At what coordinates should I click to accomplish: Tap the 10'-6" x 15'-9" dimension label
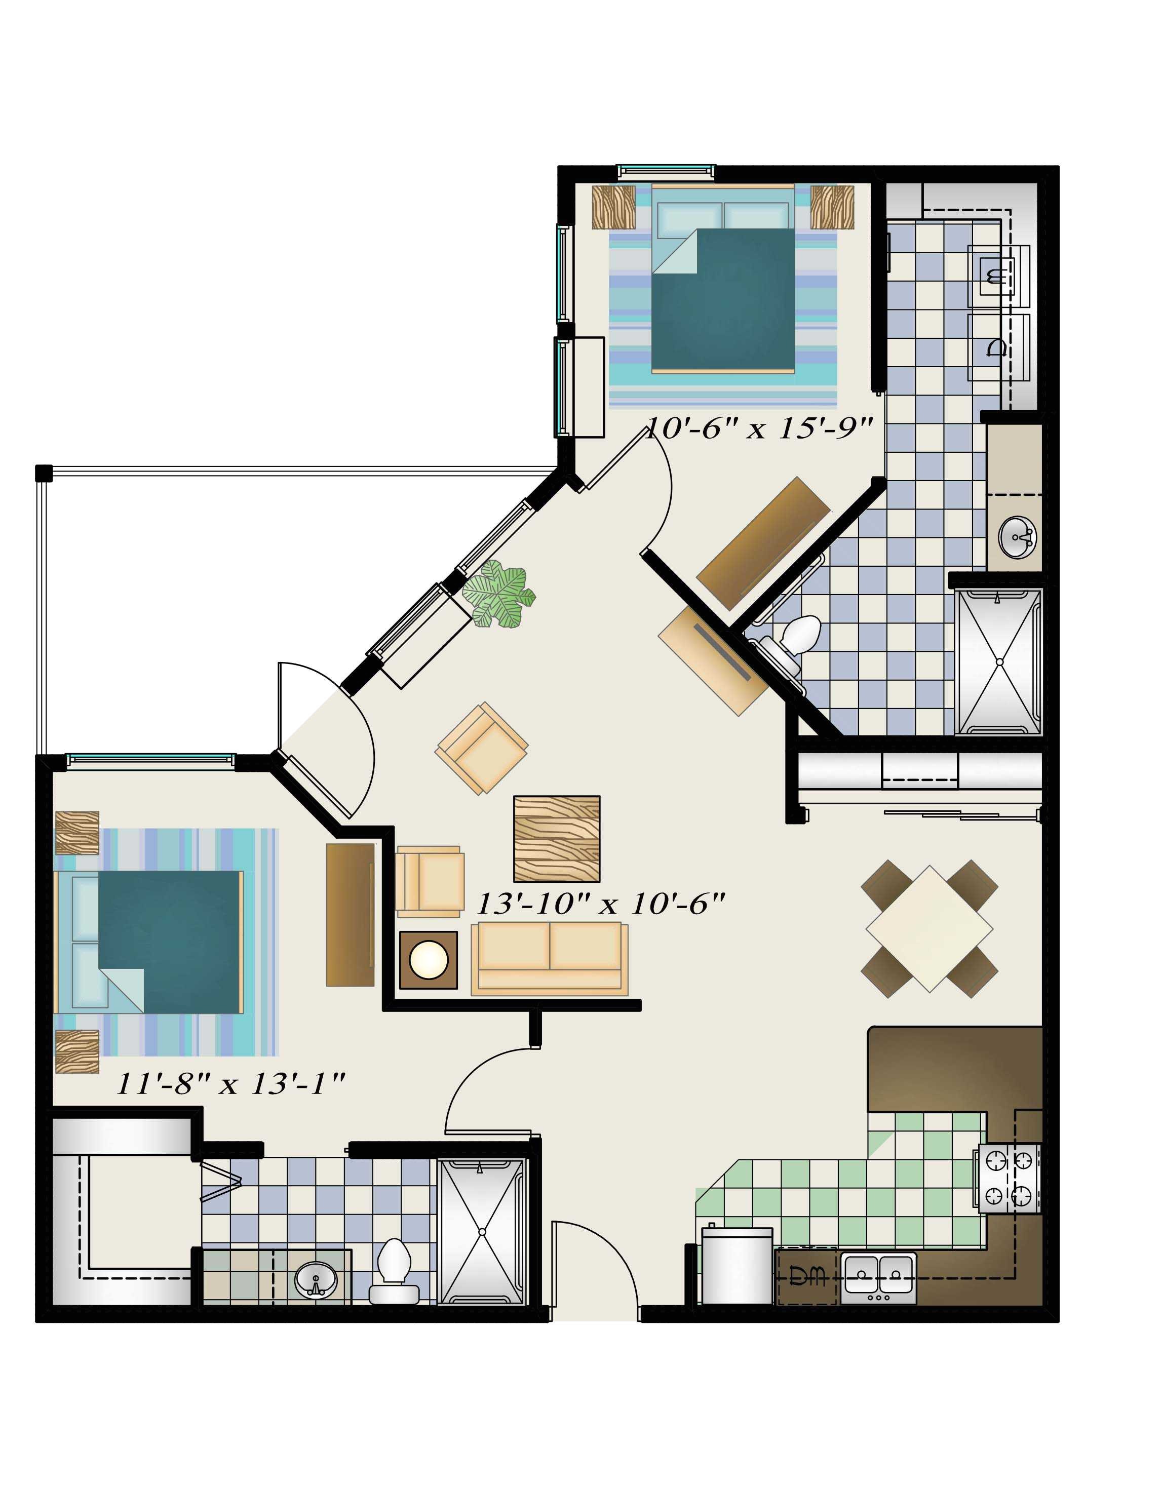click(759, 429)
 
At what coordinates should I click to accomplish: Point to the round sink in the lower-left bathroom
click(316, 1279)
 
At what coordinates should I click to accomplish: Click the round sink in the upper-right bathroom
click(1017, 537)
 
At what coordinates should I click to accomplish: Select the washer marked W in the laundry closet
click(998, 277)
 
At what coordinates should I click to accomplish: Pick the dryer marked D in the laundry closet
click(998, 347)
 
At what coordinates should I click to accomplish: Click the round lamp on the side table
click(429, 960)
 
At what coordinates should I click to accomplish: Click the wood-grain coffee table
click(557, 839)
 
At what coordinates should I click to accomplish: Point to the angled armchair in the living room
click(482, 748)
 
